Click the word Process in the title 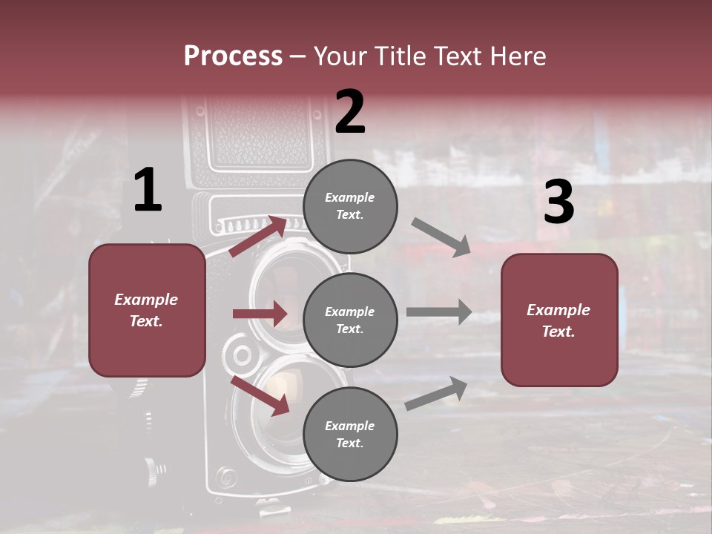pos(233,56)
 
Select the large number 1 pos(148,191)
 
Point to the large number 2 pos(350,112)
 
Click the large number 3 pos(558,202)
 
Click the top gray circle pos(350,206)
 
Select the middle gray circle pos(350,320)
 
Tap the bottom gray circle pos(350,434)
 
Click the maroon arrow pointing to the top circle pos(258,236)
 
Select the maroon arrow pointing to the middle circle pos(260,314)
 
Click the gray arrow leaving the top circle pos(441,237)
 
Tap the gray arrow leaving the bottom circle pos(437,393)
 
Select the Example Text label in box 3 pos(558,320)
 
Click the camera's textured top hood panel pos(260,133)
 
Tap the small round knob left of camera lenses pos(242,355)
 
